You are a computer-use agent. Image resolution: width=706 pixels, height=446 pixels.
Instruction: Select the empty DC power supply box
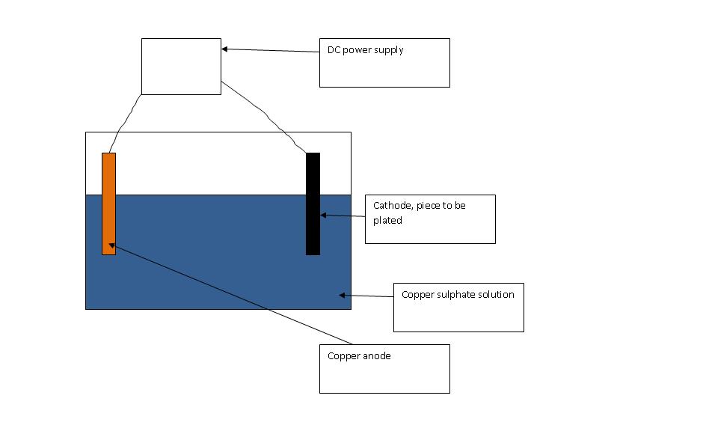(181, 67)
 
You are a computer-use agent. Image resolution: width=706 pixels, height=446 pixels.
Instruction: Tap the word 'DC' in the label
(334, 50)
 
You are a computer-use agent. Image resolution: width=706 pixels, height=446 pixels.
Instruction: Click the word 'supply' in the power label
(388, 51)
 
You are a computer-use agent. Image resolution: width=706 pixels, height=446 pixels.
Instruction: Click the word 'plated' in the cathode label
(387, 220)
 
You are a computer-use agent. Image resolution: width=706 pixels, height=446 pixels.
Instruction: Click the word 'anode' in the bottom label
(376, 356)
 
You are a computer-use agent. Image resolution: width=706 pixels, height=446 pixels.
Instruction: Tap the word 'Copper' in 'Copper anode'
(343, 356)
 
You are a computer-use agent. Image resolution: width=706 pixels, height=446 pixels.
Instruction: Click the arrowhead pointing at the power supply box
(225, 49)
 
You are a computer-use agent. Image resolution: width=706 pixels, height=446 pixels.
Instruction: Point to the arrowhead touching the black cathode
(324, 215)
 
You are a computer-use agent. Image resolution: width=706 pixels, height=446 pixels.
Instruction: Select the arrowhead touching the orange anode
(112, 244)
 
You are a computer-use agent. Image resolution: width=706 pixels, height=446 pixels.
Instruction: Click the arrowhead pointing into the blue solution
(343, 295)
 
